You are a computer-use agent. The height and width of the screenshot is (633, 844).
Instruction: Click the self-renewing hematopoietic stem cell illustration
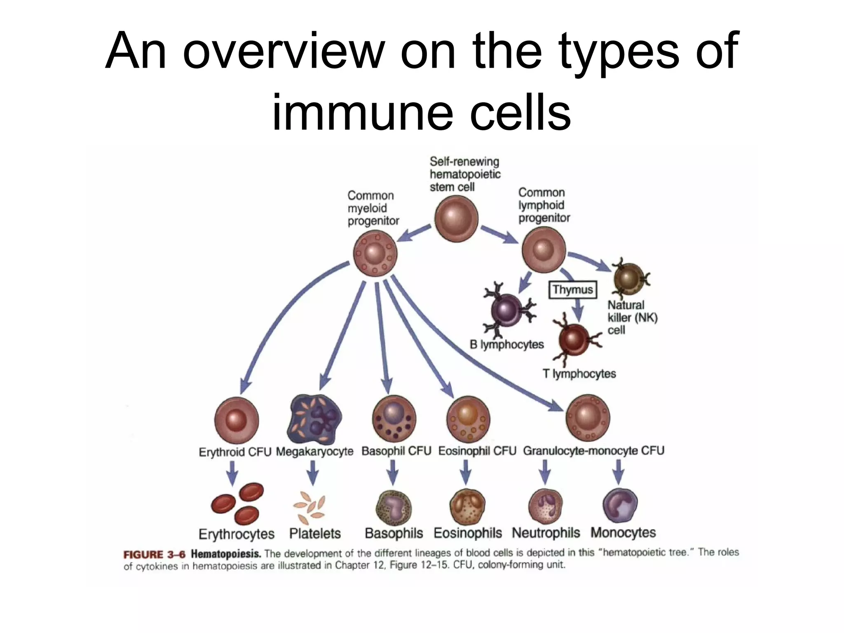pyautogui.click(x=456, y=218)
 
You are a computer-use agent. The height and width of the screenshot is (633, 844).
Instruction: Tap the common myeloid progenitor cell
pyautogui.click(x=375, y=253)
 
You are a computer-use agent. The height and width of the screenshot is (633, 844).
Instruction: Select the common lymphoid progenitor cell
pyautogui.click(x=544, y=250)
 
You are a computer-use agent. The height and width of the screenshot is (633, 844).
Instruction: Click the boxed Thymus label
pyautogui.click(x=573, y=290)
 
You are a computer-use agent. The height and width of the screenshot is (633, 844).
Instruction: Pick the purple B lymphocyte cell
pyautogui.click(x=507, y=310)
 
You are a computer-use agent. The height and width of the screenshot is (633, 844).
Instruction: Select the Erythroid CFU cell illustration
pyautogui.click(x=237, y=420)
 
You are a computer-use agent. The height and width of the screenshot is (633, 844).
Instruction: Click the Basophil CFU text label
pyautogui.click(x=396, y=451)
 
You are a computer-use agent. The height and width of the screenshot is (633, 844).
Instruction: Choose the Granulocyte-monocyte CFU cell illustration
pyautogui.click(x=588, y=418)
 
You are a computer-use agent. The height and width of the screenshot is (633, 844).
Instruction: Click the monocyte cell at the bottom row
pyautogui.click(x=620, y=506)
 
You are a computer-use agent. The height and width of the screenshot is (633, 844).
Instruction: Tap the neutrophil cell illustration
pyautogui.click(x=546, y=506)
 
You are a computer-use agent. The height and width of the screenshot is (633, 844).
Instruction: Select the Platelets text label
pyautogui.click(x=315, y=534)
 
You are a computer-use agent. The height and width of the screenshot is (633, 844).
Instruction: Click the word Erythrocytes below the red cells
pyautogui.click(x=237, y=534)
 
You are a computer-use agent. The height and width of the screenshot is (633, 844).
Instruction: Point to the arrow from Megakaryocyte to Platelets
pyautogui.click(x=313, y=473)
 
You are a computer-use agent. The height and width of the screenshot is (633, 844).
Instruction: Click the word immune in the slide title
pyautogui.click(x=366, y=112)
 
